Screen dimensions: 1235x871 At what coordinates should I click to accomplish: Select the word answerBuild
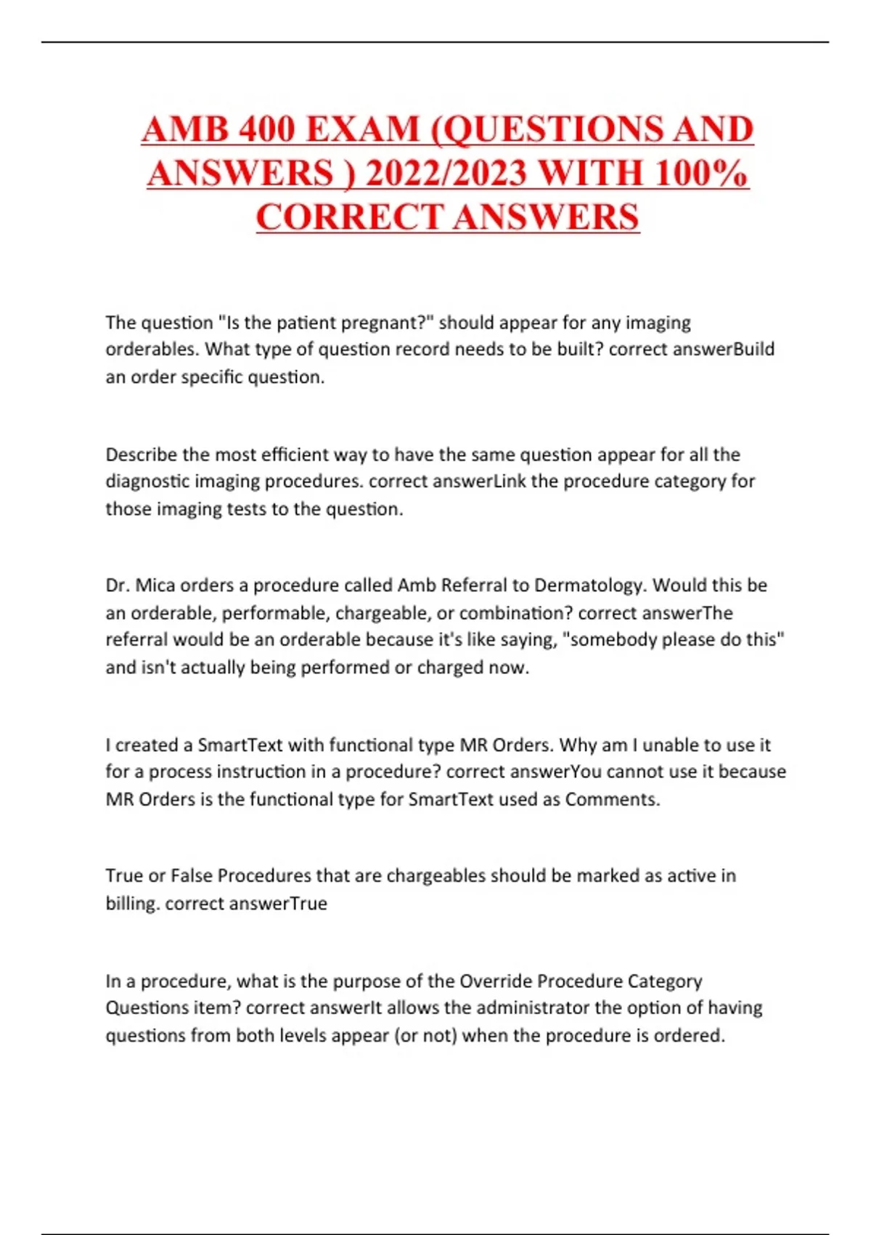[724, 349]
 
